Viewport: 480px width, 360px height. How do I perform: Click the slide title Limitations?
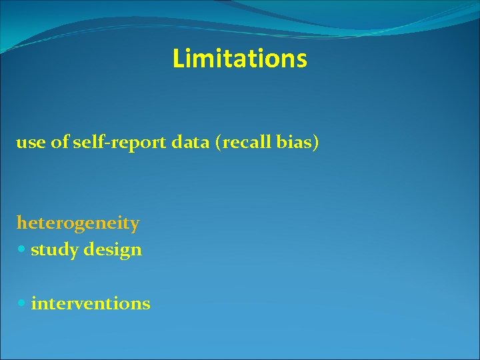(x=239, y=59)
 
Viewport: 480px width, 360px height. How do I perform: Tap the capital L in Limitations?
(x=177, y=59)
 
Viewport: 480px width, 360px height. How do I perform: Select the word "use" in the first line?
(x=30, y=143)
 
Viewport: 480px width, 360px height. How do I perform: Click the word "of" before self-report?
(x=59, y=143)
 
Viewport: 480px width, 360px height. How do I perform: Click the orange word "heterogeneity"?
(x=78, y=223)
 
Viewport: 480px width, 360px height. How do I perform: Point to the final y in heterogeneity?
(x=135, y=225)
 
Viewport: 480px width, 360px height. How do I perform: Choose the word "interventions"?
(x=90, y=303)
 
